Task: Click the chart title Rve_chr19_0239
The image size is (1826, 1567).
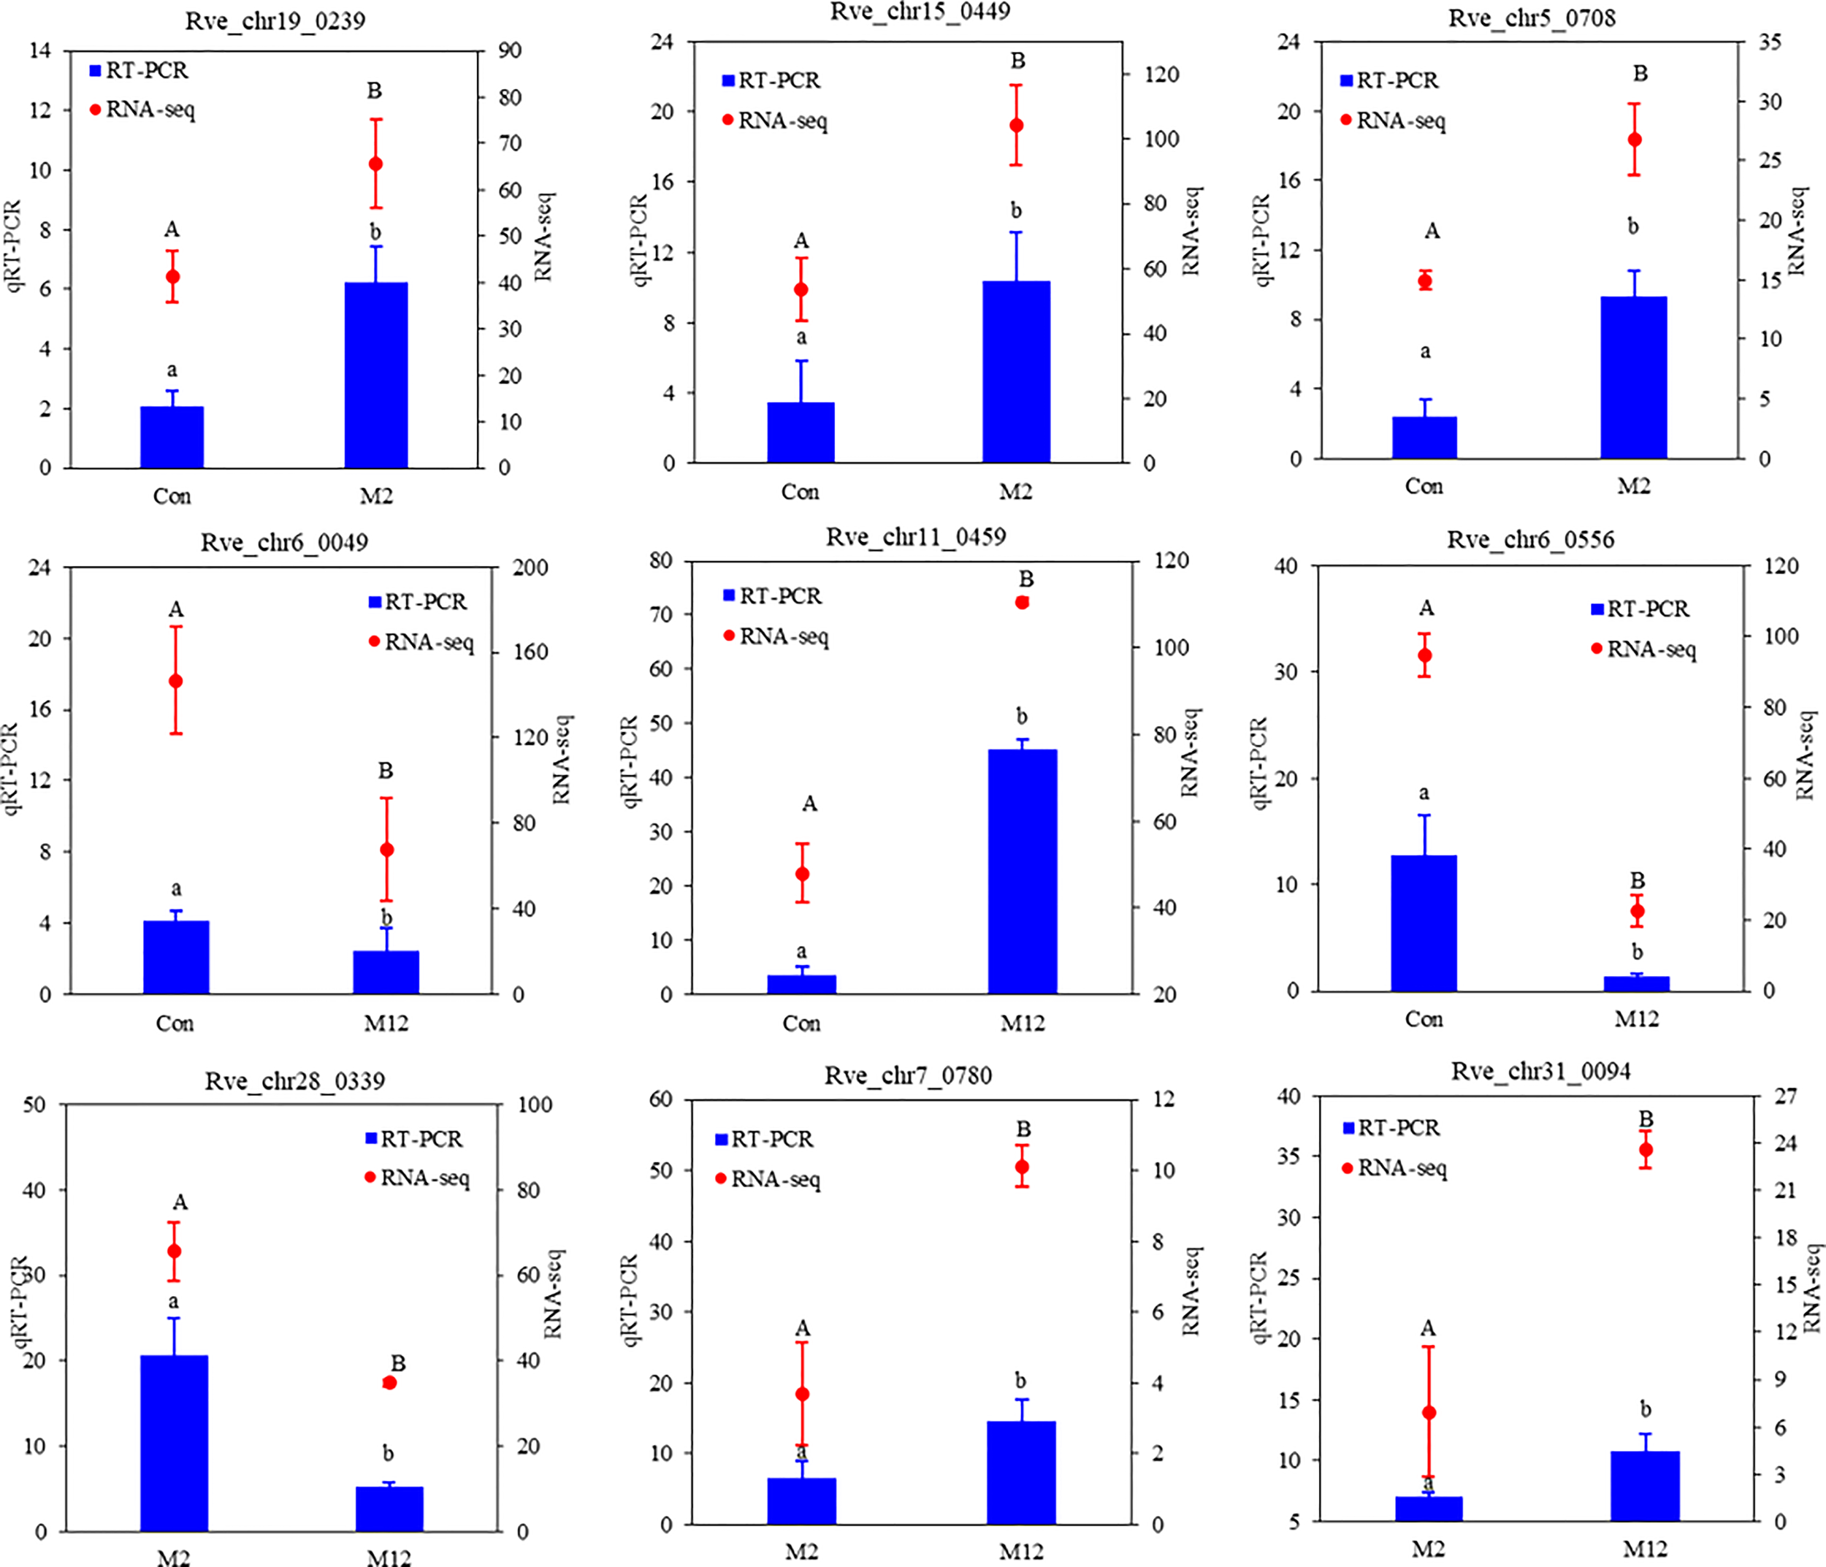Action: click(275, 20)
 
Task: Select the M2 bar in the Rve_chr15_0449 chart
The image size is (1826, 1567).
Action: click(1016, 371)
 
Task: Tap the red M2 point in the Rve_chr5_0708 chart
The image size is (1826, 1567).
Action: click(1634, 140)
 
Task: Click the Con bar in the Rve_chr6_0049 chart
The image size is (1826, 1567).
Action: click(176, 957)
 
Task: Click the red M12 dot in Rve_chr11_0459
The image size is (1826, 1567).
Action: click(1023, 603)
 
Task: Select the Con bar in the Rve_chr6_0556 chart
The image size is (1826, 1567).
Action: click(1424, 923)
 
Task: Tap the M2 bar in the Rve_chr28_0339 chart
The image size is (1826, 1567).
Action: click(175, 1443)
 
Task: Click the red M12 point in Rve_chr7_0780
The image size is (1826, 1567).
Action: click(1023, 1167)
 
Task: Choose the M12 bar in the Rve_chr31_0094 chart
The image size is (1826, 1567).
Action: click(1644, 1486)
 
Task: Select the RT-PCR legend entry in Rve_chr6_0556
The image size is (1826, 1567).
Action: click(1639, 609)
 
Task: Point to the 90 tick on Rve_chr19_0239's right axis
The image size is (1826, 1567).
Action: click(509, 50)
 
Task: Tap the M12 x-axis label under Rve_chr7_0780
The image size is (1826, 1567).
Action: click(1020, 1552)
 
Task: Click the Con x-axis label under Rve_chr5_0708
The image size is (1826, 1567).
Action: click(1424, 487)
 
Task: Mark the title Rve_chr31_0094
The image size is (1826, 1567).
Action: click(1540, 1072)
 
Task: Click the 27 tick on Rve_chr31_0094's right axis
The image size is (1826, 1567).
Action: click(1785, 1097)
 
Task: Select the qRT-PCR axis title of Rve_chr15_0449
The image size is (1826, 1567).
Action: click(640, 240)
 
